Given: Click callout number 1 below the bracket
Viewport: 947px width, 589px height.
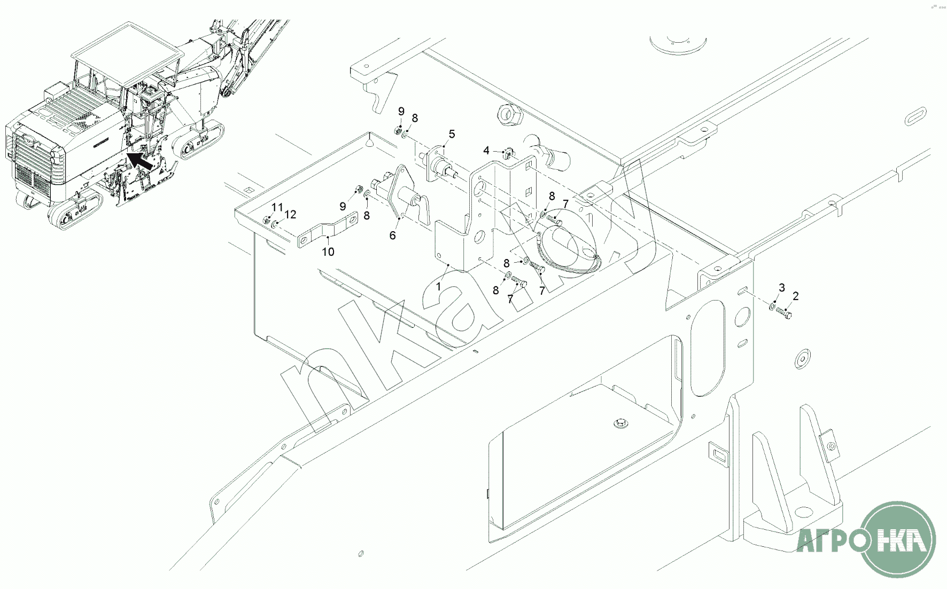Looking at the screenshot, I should pyautogui.click(x=438, y=287).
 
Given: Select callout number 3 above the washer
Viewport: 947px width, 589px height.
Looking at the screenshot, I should pyautogui.click(x=781, y=288).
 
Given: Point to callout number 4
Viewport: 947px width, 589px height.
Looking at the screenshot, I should pyautogui.click(x=486, y=151).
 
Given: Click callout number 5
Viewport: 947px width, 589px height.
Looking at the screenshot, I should pyautogui.click(x=452, y=134).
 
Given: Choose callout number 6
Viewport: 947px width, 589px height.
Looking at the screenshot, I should pyautogui.click(x=393, y=235).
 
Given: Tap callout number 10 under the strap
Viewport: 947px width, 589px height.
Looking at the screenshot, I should pyautogui.click(x=328, y=252).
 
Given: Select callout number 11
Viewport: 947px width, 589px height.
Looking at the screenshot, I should pyautogui.click(x=276, y=207).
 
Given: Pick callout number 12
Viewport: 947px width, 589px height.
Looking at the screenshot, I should pyautogui.click(x=290, y=215).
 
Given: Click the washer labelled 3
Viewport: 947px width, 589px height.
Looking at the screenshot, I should pyautogui.click(x=772, y=307).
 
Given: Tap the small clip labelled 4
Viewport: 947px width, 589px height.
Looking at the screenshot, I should pyautogui.click(x=509, y=154).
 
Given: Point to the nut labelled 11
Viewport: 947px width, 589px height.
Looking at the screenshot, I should pyautogui.click(x=266, y=219).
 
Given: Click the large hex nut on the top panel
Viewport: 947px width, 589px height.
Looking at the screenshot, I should pyautogui.click(x=508, y=113).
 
